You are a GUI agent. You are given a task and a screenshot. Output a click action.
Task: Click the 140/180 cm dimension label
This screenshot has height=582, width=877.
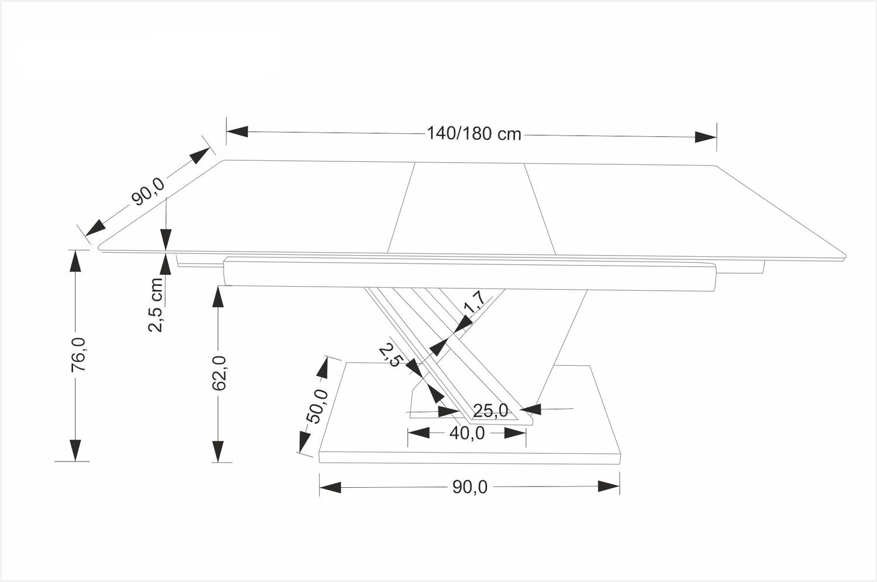pos(474,134)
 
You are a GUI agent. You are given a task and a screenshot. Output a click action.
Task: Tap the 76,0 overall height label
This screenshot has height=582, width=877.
pos(78,354)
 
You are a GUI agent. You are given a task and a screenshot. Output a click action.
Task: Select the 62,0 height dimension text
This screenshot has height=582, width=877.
pos(219,373)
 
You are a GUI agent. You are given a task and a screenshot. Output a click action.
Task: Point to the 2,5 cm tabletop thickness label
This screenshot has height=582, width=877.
pos(156,305)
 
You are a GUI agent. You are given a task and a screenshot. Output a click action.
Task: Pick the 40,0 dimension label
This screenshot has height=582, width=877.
pos(467,433)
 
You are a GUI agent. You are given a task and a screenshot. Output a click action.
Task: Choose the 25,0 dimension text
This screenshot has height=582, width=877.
pos(490,411)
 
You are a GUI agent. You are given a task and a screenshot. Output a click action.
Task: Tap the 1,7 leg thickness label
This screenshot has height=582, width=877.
pos(473,304)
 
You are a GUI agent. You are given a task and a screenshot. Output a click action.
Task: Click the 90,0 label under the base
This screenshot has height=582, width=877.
pos(469,487)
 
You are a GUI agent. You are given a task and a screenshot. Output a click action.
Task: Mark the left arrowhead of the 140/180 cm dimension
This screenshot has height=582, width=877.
pos(237,132)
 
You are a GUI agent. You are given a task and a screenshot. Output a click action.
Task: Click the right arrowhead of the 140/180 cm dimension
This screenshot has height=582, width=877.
pos(705,136)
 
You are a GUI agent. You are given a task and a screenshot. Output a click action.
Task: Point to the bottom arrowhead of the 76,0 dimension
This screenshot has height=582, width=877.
pos(75,450)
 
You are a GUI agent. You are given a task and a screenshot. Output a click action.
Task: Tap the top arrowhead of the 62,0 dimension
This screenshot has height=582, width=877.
pos(218,297)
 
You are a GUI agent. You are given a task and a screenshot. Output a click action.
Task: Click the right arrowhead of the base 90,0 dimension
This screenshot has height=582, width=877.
pos(609,487)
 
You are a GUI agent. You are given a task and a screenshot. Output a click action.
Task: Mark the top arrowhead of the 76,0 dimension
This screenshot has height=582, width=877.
pos(75,261)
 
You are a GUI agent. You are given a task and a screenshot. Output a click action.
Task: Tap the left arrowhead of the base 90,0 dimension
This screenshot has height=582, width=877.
pos(330,487)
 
